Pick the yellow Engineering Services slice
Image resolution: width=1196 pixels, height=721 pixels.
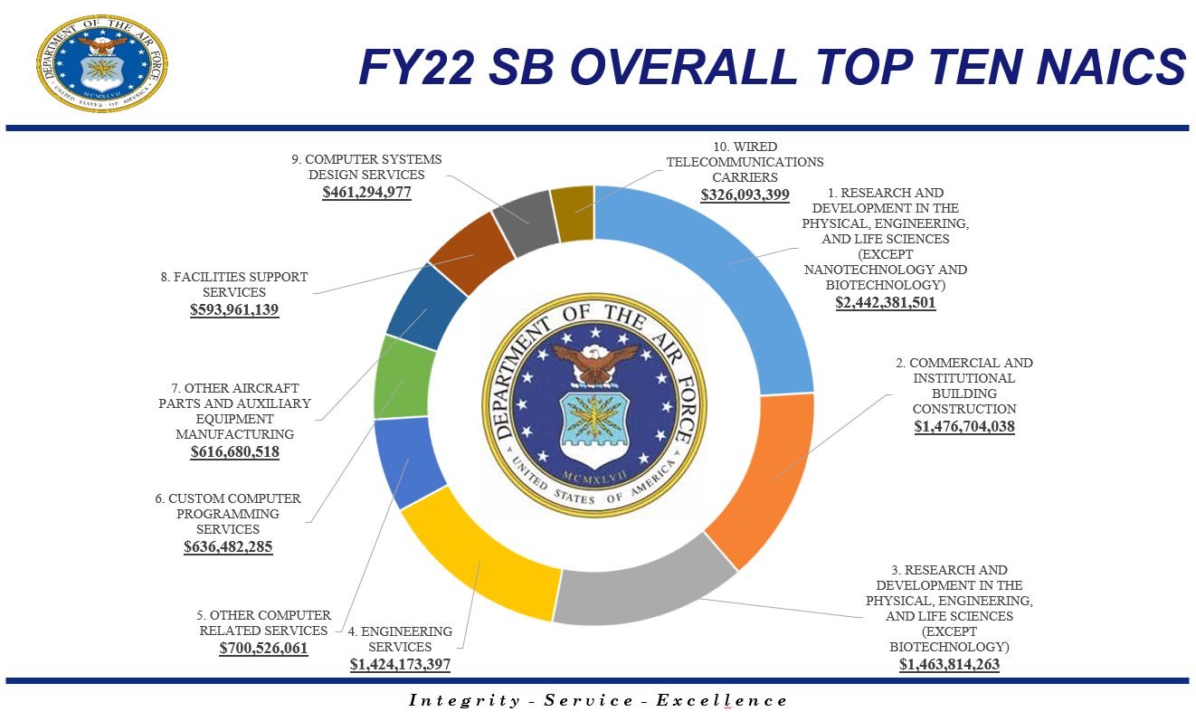tap(479, 565)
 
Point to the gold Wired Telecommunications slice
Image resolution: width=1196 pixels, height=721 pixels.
tap(574, 213)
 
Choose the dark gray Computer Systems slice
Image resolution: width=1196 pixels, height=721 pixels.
tap(526, 220)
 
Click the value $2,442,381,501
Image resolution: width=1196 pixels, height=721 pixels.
tap(886, 303)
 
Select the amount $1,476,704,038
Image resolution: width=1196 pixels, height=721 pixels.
tap(963, 425)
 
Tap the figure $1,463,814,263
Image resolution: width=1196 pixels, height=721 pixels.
tap(949, 664)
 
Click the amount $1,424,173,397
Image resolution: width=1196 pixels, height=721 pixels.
tap(400, 664)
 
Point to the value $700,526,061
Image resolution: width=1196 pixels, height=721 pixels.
tap(263, 648)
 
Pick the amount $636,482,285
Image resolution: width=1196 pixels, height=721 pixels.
tap(228, 546)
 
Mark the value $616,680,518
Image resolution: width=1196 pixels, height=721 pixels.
tap(234, 451)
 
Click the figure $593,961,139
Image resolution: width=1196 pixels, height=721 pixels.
tap(234, 309)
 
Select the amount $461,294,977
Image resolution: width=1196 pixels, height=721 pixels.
tap(366, 192)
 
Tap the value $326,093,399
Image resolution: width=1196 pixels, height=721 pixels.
tap(745, 194)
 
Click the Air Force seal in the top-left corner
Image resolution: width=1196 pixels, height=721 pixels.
tap(102, 64)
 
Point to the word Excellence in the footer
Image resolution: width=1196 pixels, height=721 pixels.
tap(721, 700)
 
